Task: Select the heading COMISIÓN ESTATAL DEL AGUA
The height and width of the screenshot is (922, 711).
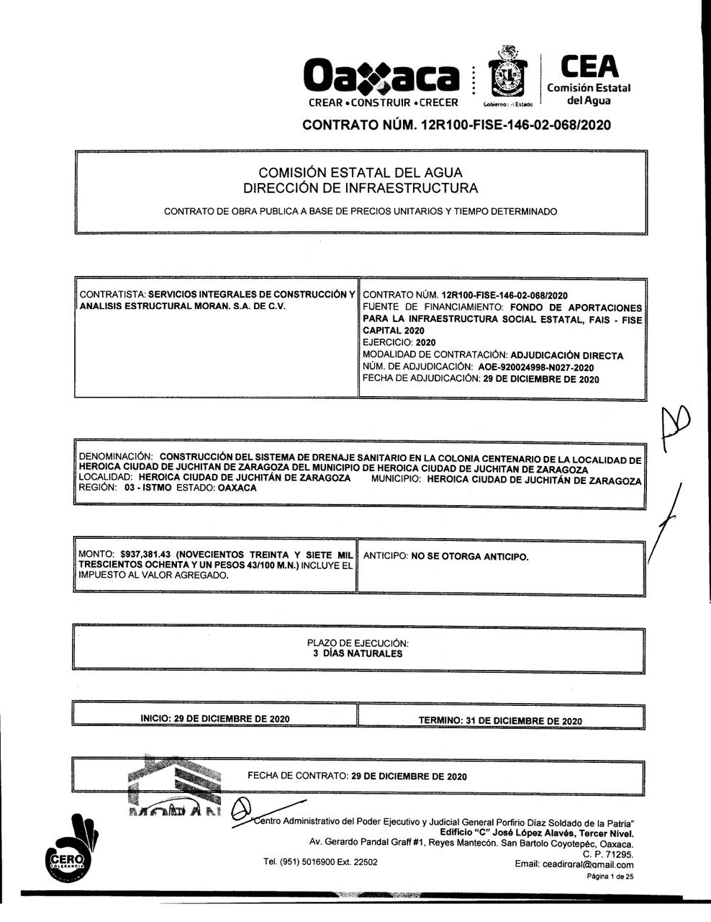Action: [x=361, y=173]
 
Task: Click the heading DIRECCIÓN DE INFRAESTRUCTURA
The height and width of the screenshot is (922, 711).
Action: [x=361, y=189]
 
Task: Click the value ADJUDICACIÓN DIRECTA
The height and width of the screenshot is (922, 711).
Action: [x=566, y=355]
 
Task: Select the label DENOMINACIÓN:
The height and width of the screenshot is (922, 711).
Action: [x=116, y=457]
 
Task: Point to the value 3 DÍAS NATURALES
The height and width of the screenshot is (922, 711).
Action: [x=358, y=654]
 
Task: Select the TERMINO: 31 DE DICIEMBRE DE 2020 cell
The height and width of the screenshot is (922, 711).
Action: [x=500, y=720]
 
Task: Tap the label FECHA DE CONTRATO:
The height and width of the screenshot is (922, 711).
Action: [x=298, y=776]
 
